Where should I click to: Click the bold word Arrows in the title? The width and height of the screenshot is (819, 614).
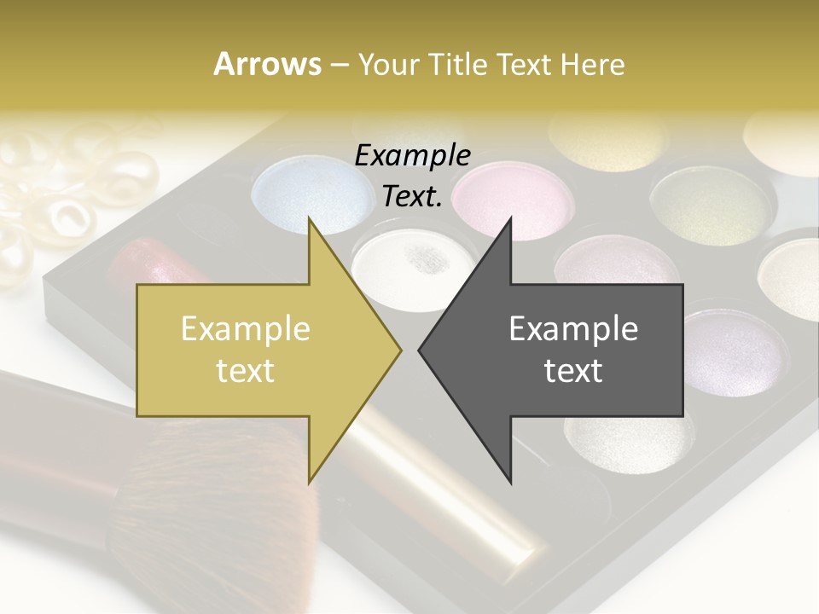[x=268, y=65]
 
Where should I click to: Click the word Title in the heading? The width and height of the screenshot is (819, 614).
[x=459, y=65]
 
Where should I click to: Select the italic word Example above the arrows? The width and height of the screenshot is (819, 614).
[x=412, y=156]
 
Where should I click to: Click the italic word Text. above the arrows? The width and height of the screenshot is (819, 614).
[x=412, y=197]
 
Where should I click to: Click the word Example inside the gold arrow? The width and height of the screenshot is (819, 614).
[x=246, y=329]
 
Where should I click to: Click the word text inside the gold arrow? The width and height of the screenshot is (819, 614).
[x=246, y=370]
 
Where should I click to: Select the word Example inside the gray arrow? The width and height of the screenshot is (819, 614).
[x=573, y=329]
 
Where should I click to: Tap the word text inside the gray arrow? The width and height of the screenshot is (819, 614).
[x=573, y=370]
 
